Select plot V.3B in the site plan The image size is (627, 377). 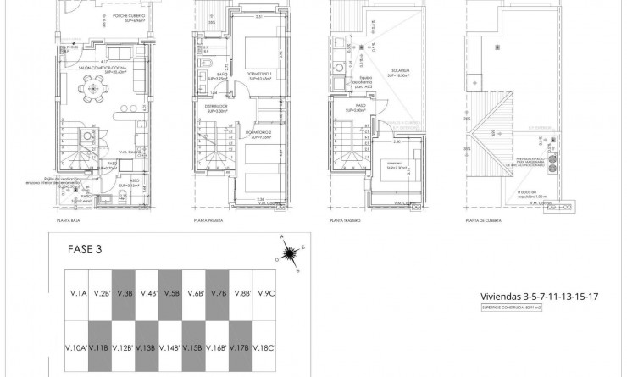coord(125,294)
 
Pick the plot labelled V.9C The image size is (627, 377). coord(268,294)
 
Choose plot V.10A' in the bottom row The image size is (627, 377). coord(78,348)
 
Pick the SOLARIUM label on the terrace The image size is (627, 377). coord(399,72)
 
